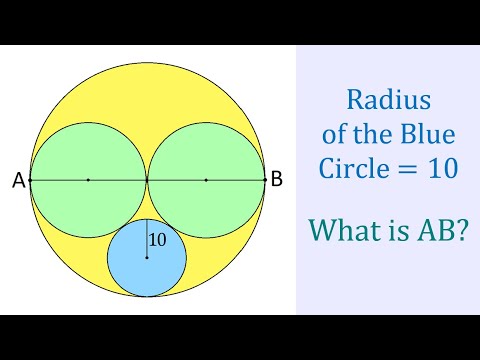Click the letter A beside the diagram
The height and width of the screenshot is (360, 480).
coord(18,181)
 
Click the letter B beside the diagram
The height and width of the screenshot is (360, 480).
coord(277,180)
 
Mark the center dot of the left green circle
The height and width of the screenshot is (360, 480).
coord(88,180)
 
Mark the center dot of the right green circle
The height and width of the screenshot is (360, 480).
coord(206,180)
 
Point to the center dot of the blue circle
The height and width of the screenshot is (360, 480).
coord(147,258)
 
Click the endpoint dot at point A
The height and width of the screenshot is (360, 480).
coord(30,180)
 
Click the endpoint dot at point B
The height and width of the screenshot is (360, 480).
coord(264,180)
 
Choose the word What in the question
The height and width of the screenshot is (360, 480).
coord(343,230)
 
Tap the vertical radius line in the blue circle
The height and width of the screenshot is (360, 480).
coord(147,238)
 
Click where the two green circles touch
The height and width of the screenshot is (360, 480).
coord(147,180)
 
